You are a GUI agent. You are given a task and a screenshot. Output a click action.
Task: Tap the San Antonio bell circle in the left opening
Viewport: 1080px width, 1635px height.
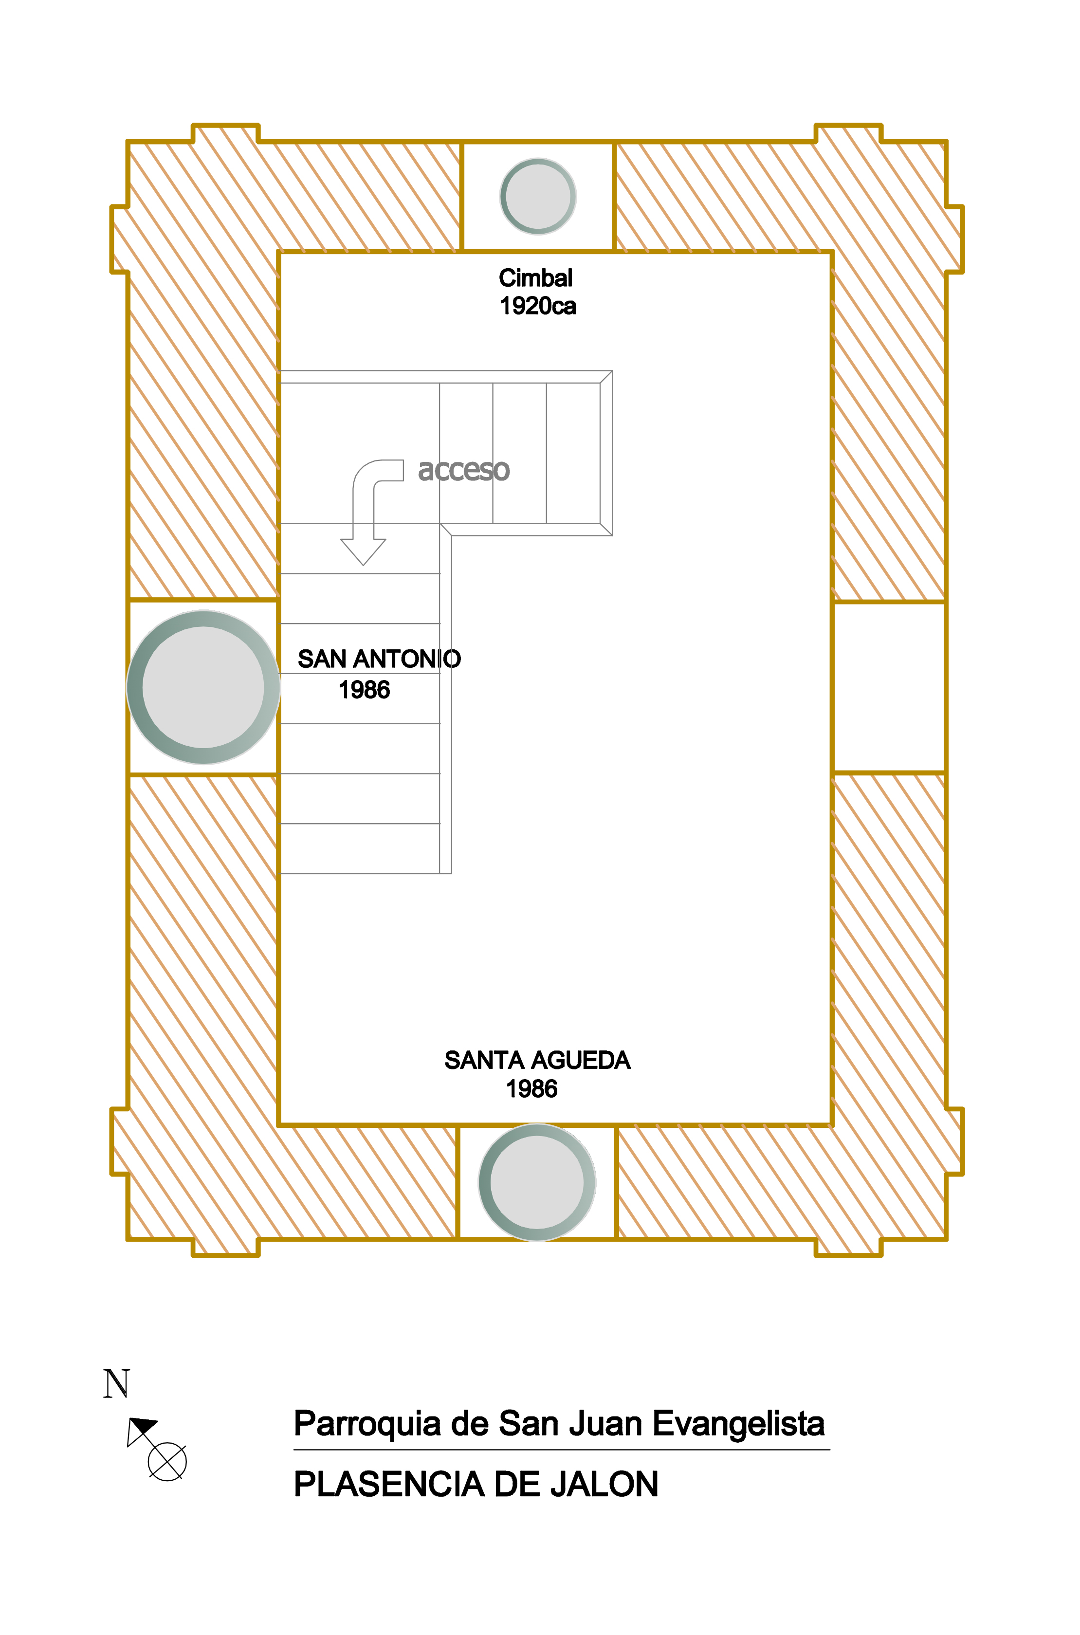[203, 687]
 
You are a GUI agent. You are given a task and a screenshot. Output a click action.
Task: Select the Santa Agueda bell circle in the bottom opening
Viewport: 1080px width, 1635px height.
[537, 1182]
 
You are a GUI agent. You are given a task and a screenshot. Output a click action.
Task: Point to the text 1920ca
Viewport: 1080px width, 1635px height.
[538, 306]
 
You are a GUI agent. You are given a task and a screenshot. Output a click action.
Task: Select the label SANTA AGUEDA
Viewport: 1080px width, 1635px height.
[537, 1060]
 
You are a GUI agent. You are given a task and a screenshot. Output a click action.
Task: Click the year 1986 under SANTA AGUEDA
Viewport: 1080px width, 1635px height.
[532, 1089]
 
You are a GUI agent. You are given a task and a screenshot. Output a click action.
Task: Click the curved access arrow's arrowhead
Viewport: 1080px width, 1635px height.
[363, 551]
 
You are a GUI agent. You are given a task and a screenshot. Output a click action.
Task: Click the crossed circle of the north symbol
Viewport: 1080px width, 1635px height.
[167, 1461]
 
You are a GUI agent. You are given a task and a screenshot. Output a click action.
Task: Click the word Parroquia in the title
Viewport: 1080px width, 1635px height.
[367, 1424]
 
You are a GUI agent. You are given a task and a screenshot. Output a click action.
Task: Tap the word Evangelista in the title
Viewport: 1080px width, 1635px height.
[738, 1424]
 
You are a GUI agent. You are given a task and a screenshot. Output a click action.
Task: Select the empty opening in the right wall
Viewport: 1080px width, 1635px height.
[889, 687]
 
